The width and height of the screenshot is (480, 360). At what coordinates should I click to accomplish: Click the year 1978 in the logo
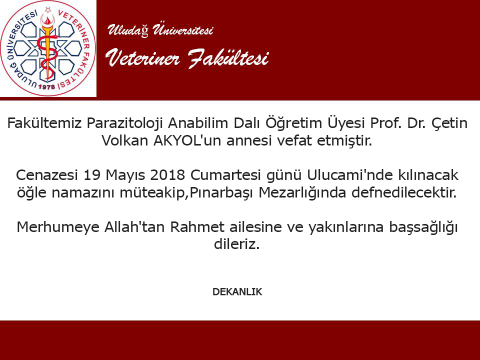(x=47, y=86)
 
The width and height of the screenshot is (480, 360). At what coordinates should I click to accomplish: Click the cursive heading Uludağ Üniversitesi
(x=160, y=29)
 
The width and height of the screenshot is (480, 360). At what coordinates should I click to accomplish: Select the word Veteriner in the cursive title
(x=142, y=58)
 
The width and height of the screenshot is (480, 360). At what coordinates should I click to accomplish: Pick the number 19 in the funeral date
(x=92, y=175)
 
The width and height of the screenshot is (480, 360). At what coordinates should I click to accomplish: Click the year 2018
(x=168, y=175)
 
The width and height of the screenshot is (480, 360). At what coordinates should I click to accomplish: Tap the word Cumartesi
(x=225, y=175)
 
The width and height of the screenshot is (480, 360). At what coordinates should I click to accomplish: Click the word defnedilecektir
(x=404, y=192)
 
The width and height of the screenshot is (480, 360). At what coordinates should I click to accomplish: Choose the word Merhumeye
(x=58, y=227)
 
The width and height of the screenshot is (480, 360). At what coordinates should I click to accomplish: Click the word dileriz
(x=236, y=244)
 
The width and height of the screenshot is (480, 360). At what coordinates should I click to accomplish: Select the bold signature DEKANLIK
(x=237, y=291)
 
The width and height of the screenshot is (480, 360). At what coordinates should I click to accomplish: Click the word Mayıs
(x=125, y=175)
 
